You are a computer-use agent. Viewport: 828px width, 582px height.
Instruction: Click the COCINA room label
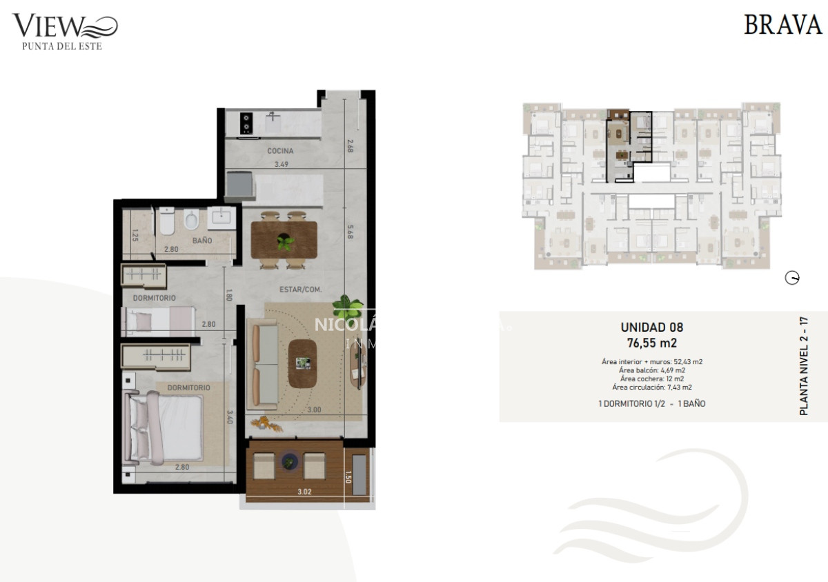tap(280, 151)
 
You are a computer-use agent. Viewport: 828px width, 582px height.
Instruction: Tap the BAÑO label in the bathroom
tap(202, 241)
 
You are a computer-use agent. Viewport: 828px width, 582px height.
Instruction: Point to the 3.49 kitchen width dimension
tap(281, 164)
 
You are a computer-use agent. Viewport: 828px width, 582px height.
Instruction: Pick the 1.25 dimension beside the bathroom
tap(136, 237)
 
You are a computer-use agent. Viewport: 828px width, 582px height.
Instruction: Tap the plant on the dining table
tap(284, 241)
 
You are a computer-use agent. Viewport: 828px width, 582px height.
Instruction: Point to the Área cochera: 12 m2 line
tap(651, 379)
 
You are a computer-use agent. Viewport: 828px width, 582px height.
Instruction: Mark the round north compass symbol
tap(793, 279)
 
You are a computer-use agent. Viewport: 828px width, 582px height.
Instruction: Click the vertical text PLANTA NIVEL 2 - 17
tap(803, 365)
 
